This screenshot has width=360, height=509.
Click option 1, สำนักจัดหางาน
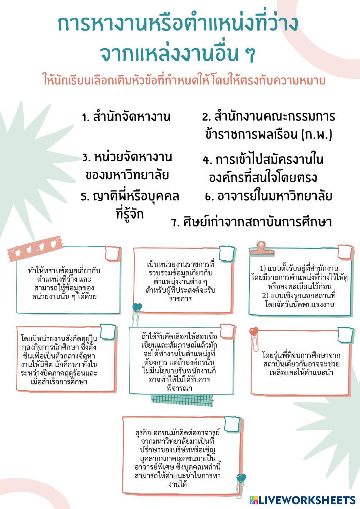126,117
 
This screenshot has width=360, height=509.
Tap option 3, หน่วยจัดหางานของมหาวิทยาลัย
127,166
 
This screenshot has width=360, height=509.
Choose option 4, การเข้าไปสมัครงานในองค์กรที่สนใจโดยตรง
263,168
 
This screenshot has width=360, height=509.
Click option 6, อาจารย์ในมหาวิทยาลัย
268,196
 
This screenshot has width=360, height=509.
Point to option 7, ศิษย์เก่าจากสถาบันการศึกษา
251,222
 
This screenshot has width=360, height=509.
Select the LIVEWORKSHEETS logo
303,500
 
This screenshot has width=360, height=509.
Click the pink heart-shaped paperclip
254,337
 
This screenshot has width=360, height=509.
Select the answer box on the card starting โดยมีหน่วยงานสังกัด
108,331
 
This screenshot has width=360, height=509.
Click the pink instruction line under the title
184,80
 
